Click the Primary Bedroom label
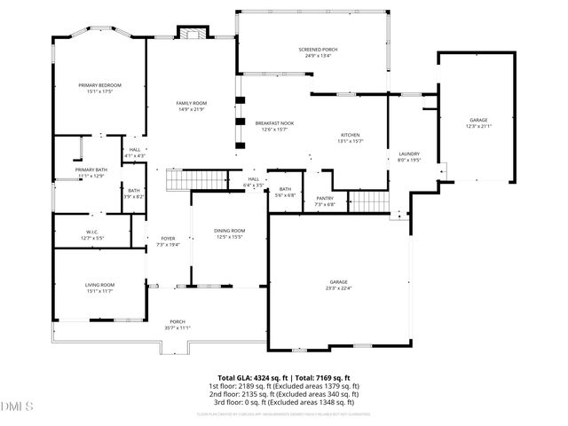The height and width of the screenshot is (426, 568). (x=99, y=84)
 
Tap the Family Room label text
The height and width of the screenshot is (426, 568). (x=191, y=104)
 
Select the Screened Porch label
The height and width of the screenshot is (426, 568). (x=317, y=50)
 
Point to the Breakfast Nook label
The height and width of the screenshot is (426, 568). (x=274, y=123)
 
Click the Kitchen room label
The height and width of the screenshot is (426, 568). (x=350, y=135)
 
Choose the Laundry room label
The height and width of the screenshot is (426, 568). (x=408, y=154)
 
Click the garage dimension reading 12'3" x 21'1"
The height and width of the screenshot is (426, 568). (x=478, y=126)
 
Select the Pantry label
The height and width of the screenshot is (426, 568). (x=324, y=199)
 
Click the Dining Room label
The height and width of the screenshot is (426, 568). (x=229, y=231)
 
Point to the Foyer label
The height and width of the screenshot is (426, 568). (x=168, y=238)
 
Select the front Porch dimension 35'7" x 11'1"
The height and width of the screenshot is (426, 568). (x=177, y=327)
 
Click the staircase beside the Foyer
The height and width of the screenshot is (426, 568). (x=188, y=182)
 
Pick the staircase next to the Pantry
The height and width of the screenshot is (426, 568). (x=368, y=202)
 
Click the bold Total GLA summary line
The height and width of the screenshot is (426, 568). (x=285, y=377)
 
